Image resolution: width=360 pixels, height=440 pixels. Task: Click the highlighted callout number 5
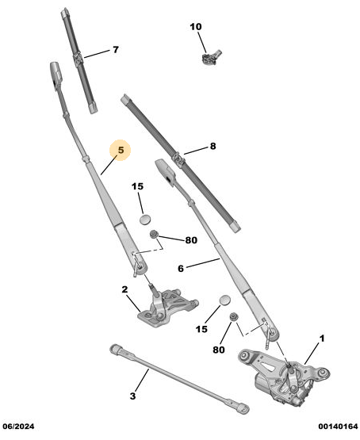pyautogui.click(x=121, y=150)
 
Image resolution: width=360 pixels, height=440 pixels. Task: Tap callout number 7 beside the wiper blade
pyautogui.click(x=116, y=50)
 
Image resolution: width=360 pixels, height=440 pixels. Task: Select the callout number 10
pyautogui.click(x=196, y=27)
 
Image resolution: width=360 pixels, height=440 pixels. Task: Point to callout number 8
pyautogui.click(x=213, y=146)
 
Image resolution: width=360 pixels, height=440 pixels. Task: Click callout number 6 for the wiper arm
pyautogui.click(x=181, y=269)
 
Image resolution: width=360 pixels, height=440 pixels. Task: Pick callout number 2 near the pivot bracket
pyautogui.click(x=124, y=289)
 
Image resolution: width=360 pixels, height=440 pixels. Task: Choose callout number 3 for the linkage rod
pyautogui.click(x=132, y=396)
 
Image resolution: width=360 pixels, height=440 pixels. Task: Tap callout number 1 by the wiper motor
pyautogui.click(x=322, y=339)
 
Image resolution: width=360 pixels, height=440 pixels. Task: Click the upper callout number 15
pyautogui.click(x=137, y=186)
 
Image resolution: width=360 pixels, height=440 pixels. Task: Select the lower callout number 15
pyautogui.click(x=201, y=329)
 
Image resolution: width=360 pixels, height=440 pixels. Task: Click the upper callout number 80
pyautogui.click(x=191, y=240)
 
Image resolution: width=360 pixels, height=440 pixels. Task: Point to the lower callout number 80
pyautogui.click(x=219, y=350)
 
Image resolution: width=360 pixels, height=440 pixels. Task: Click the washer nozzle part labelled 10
pyautogui.click(x=211, y=57)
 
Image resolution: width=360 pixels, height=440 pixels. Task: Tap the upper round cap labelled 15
pyautogui.click(x=145, y=220)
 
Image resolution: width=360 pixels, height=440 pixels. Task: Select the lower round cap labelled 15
pyautogui.click(x=225, y=300)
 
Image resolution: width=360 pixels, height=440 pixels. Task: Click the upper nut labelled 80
pyautogui.click(x=154, y=235)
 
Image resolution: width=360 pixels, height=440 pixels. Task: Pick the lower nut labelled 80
pyautogui.click(x=233, y=317)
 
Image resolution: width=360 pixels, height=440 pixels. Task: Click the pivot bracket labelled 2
pyautogui.click(x=167, y=308)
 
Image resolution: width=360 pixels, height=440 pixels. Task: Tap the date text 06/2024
pyautogui.click(x=19, y=427)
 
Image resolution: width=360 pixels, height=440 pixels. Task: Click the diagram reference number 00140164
pyautogui.click(x=338, y=427)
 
